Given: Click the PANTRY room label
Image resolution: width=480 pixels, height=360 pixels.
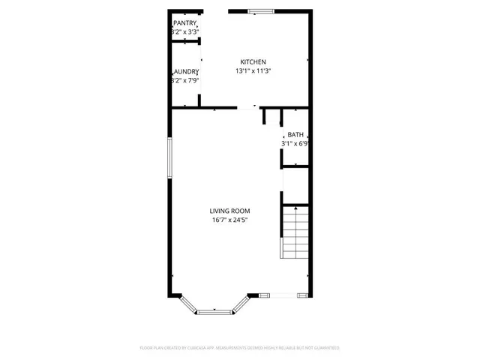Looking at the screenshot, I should coord(184,23).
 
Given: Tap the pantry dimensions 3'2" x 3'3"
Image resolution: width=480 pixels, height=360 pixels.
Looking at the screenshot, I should coord(184,32).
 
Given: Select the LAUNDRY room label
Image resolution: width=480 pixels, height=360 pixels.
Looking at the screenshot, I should coord(184,71).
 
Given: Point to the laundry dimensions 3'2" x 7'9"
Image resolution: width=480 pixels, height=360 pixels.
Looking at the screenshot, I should coord(184,80).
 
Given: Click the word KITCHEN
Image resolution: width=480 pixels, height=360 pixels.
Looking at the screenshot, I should coord(253,61).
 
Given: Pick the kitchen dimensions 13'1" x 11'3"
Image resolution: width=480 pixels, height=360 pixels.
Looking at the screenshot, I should coord(253,71).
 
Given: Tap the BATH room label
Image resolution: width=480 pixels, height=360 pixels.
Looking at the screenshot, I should coord(295,134).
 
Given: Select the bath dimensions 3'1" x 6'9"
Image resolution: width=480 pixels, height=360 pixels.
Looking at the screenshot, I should coord(295,143).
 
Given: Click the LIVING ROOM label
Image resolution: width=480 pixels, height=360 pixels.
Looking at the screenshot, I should coord(229,211).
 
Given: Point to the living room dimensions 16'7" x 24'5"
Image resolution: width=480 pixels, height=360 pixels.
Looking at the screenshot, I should coord(229,220).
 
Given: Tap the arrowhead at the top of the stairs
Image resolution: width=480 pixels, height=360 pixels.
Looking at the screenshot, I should coord(295,208).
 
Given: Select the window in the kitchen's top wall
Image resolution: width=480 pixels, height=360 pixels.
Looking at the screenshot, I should coord(262,10).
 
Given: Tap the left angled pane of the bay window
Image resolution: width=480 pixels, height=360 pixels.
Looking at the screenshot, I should coord(188,302).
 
